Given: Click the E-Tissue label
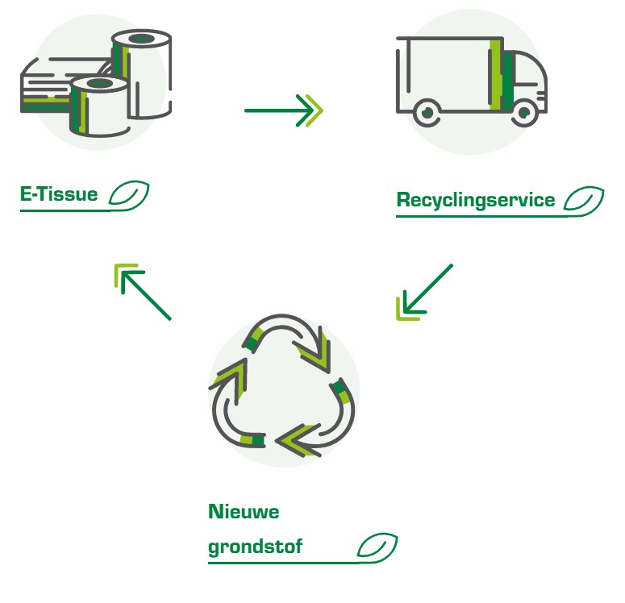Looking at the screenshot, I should point(59,194).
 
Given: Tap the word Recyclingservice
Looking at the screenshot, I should point(476,200).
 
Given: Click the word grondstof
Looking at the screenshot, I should point(256,547).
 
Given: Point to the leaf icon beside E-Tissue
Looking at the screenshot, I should point(129,194).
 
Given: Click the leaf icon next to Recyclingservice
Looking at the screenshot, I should point(584,200).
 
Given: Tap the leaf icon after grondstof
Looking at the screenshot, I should point(377,547).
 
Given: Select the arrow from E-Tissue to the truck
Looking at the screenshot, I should point(283,110).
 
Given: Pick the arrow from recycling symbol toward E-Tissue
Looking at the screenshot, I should point(143,292).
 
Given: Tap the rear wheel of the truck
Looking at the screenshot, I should point(427,114).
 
